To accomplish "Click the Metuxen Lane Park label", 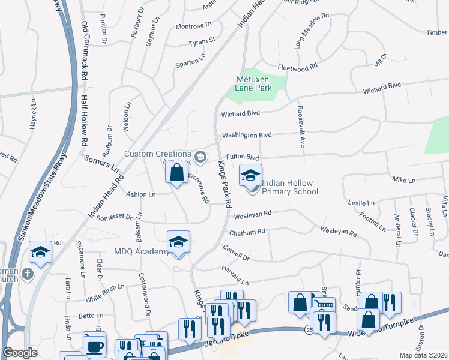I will coord(254,83).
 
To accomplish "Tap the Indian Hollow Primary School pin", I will coord(251,175).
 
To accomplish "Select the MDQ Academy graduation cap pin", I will coord(179,242).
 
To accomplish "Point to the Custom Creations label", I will coord(158,154).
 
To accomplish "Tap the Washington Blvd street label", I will coord(247,135).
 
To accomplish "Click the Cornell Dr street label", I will coord(235,252).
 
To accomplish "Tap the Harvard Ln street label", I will coord(234,277).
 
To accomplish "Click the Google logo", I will coord(20,353).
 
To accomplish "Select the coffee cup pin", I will coord(94,346).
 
